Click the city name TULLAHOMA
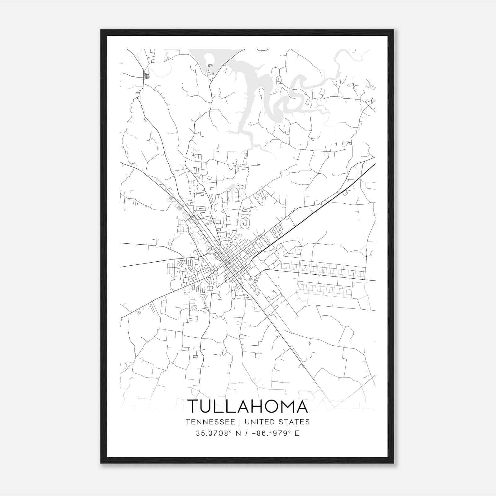(247, 406)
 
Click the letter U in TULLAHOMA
(207, 406)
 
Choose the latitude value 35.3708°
(214, 433)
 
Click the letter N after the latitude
(239, 433)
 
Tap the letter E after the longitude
(297, 433)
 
